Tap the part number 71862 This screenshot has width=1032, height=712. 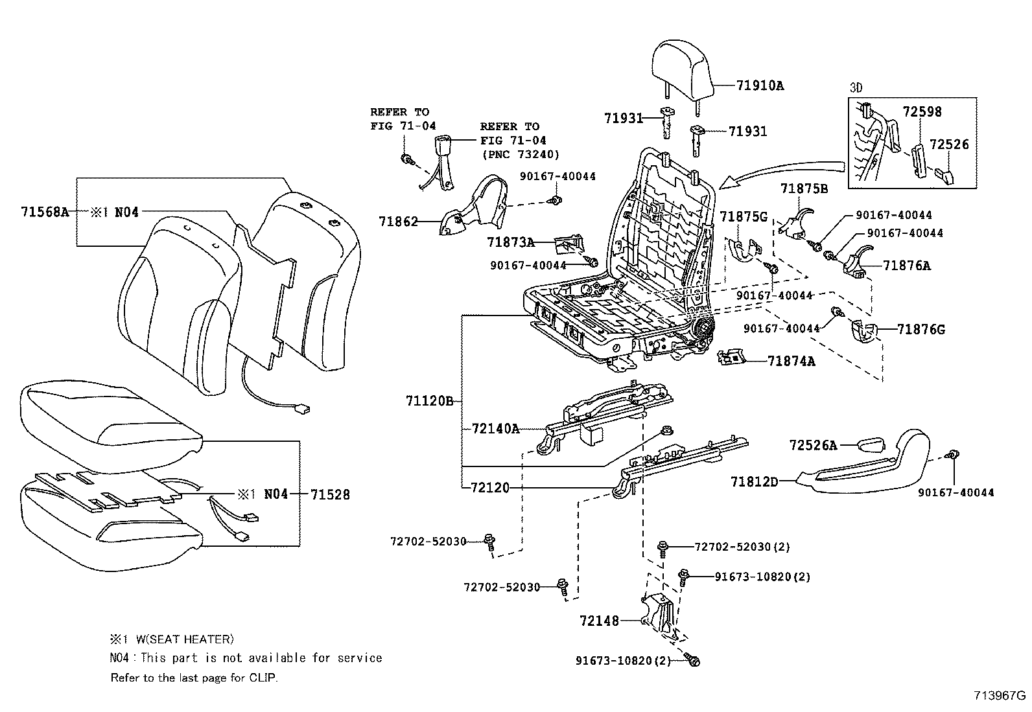[x=398, y=222]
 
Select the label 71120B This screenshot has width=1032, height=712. [x=429, y=400]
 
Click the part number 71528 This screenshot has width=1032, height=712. [x=330, y=494]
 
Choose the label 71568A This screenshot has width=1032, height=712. [x=45, y=212]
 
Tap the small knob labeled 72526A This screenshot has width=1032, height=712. [x=871, y=445]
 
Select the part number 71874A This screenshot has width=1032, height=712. [x=791, y=361]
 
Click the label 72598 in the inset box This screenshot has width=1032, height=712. [x=922, y=111]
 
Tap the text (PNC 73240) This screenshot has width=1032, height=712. [x=521, y=154]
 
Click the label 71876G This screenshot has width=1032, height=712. [x=921, y=329]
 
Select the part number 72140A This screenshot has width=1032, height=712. [x=496, y=429]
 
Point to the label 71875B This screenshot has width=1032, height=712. [x=804, y=189]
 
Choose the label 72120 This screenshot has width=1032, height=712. [x=490, y=487]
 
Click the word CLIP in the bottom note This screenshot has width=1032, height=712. [x=263, y=678]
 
